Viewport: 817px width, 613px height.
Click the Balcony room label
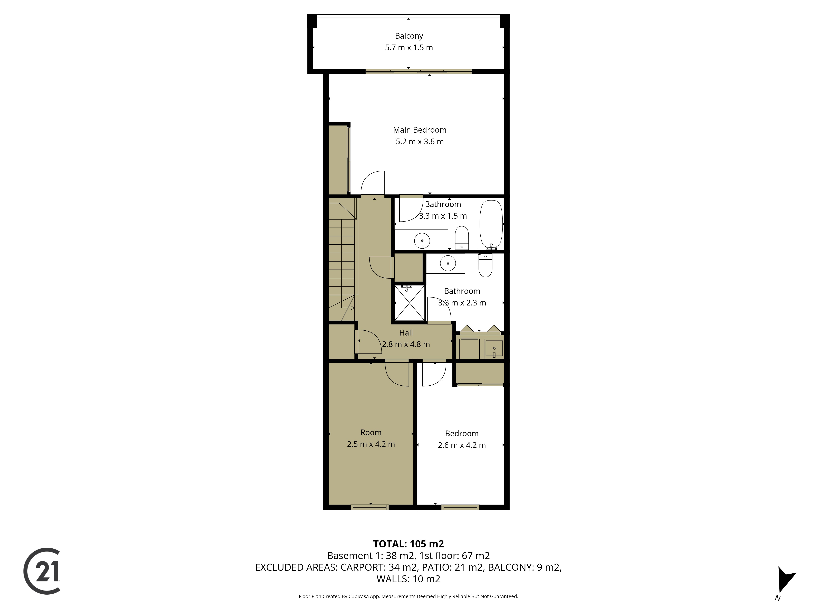[409, 36]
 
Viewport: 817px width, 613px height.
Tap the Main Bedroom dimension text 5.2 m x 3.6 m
[420, 142]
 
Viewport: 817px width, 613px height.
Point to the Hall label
[406, 332]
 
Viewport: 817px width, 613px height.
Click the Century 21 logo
[42, 571]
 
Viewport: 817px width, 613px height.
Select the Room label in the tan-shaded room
[371, 432]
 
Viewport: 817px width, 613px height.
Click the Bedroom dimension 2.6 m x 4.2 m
[462, 445]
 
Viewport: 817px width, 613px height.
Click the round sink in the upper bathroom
[422, 241]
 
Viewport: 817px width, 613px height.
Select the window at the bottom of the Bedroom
[460, 507]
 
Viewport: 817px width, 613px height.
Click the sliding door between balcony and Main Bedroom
[419, 71]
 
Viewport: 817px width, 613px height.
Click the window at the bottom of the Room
[369, 507]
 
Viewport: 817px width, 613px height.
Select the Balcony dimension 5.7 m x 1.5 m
[409, 48]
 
